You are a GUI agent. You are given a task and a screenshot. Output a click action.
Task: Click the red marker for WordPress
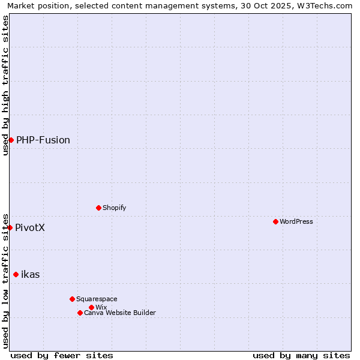tap(275, 221)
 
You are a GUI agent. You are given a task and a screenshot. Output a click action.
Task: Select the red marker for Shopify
tap(98, 208)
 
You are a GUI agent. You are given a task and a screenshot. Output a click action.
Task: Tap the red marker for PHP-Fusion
tap(11, 140)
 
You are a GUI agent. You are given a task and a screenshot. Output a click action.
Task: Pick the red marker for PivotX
tap(10, 227)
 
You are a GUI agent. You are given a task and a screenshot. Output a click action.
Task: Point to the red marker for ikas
tap(16, 274)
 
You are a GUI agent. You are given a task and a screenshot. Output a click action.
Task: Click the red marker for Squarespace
tap(72, 299)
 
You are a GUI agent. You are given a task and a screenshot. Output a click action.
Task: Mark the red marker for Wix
tap(91, 307)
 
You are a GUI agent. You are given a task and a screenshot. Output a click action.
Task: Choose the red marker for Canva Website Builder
tap(80, 313)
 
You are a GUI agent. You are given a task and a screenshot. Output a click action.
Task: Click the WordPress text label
tap(296, 221)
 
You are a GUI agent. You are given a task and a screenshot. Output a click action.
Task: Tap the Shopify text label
tap(115, 208)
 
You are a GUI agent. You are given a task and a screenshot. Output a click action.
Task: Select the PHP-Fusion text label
tap(43, 140)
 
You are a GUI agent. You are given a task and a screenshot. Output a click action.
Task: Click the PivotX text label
tap(30, 227)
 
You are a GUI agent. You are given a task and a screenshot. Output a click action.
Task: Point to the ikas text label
tap(31, 274)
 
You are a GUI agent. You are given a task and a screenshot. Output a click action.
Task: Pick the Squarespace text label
tap(97, 299)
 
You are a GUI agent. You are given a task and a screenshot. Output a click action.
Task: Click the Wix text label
tap(101, 307)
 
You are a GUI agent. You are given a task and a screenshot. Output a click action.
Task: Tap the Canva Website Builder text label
tap(120, 313)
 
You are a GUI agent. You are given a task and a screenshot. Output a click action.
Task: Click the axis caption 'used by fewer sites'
tap(62, 355)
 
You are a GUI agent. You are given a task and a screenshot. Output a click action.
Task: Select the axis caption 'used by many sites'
tap(301, 355)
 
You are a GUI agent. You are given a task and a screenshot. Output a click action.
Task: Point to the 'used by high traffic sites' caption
tap(5, 85)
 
